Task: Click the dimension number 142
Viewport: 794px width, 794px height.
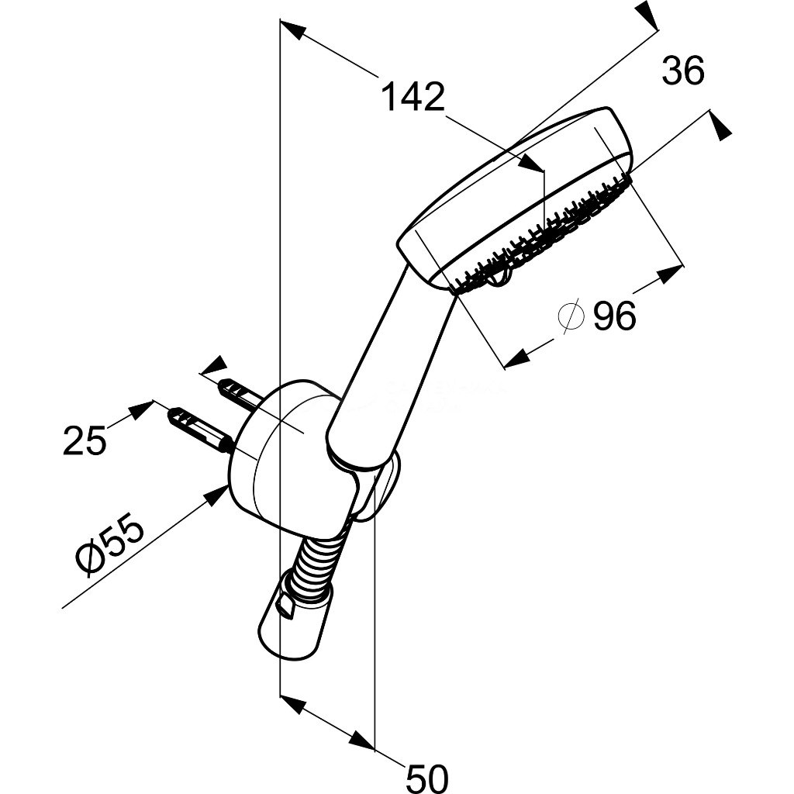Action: click(413, 97)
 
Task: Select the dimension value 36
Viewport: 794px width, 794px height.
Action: click(683, 71)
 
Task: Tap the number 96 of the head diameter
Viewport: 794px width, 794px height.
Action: click(614, 316)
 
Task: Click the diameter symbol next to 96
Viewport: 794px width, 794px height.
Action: click(571, 316)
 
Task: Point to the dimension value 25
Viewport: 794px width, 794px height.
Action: click(85, 440)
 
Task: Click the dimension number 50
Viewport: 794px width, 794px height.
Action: click(427, 777)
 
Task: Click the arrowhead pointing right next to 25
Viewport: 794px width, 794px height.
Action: click(141, 409)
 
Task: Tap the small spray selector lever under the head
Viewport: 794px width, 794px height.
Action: click(502, 277)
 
